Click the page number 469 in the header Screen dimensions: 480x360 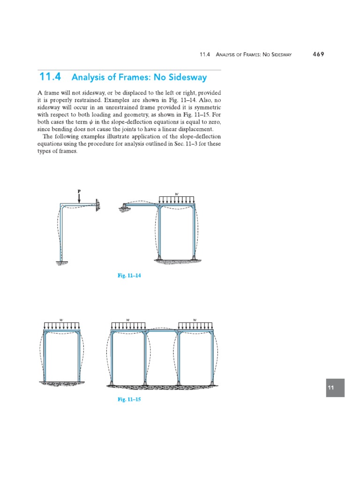tap(318, 54)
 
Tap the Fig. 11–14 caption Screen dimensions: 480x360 tap(129, 276)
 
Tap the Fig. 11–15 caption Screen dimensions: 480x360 tap(129, 399)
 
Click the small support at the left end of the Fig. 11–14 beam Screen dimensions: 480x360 tap(125, 207)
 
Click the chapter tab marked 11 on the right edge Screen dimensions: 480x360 tap(335, 388)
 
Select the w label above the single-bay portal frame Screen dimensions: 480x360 tap(61, 320)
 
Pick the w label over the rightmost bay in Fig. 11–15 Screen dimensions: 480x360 tap(195, 320)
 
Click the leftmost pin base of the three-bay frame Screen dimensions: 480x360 tap(112, 383)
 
